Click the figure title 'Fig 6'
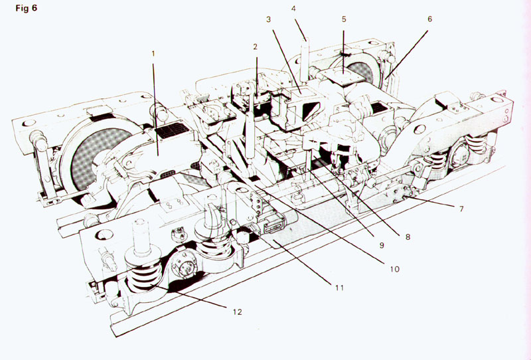click(x=26, y=8)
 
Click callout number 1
click(x=153, y=54)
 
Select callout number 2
click(x=256, y=47)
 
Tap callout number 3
click(x=269, y=20)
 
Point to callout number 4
click(x=293, y=9)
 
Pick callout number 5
click(x=344, y=19)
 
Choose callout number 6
click(x=429, y=19)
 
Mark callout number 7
click(x=461, y=209)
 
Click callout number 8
click(x=408, y=237)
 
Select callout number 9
click(x=382, y=245)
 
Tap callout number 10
click(x=394, y=269)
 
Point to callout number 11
click(x=340, y=288)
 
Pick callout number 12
click(x=238, y=312)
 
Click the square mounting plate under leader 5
click(x=342, y=76)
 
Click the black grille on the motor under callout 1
click(x=172, y=130)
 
